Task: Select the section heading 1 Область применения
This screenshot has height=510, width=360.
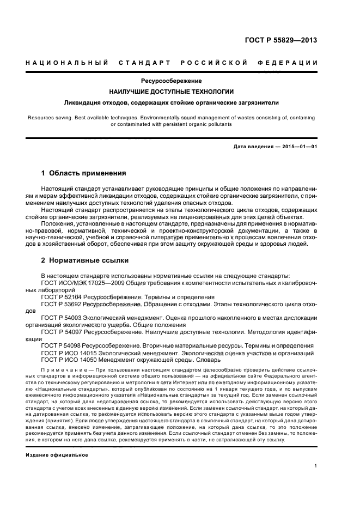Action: point(84,173)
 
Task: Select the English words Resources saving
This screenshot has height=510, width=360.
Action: point(49,117)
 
